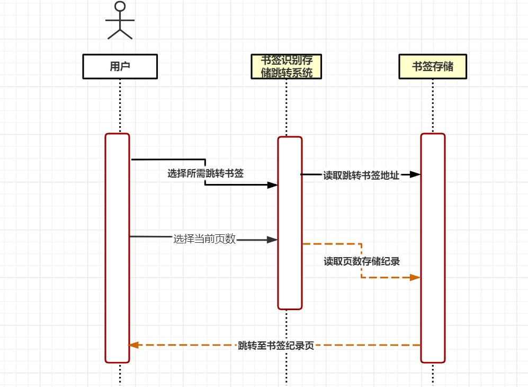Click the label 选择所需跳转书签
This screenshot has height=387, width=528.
click(205, 173)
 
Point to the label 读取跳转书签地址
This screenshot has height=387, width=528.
click(361, 175)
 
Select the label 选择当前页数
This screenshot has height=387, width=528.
click(204, 239)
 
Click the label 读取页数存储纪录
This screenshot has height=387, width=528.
click(362, 261)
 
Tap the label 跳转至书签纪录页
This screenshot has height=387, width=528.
click(276, 346)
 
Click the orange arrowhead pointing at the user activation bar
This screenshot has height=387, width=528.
click(133, 345)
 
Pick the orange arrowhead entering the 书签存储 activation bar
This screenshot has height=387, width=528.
click(415, 278)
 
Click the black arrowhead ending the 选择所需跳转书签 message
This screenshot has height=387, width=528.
click(272, 185)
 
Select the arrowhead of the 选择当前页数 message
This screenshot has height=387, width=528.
click(272, 240)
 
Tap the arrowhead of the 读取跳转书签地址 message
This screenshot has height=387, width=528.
click(415, 174)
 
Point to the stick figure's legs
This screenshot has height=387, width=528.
click(120, 34)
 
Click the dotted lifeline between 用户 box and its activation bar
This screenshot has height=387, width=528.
click(120, 106)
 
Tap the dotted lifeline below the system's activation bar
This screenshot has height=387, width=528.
click(286, 348)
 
